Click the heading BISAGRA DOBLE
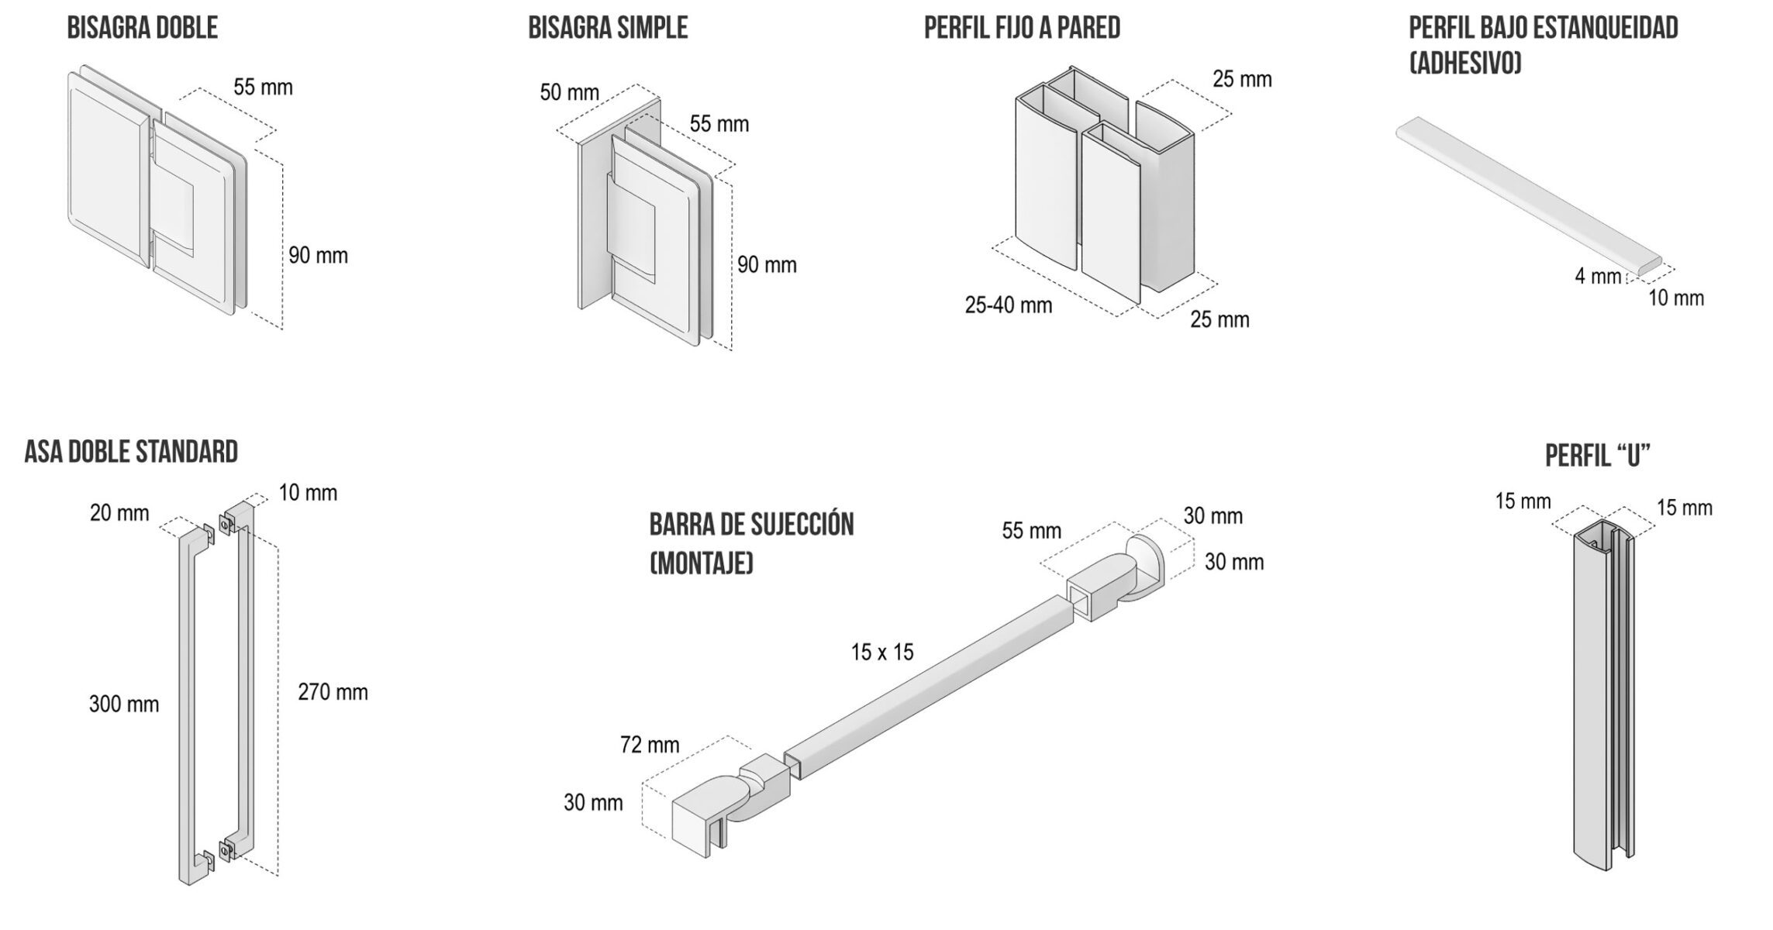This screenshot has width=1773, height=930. (142, 28)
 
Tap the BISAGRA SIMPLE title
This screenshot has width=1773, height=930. (608, 28)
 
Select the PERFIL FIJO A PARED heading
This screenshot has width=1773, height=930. (1022, 28)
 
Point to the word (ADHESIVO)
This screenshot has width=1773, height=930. (1465, 63)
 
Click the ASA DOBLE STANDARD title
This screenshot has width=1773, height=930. (131, 452)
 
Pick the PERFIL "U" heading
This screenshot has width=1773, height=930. (1598, 456)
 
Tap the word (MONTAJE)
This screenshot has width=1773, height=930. (701, 563)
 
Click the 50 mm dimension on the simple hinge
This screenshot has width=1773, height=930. (569, 93)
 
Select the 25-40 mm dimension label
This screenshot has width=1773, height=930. (1008, 305)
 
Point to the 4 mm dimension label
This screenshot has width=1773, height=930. (1598, 276)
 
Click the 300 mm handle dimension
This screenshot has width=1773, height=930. (124, 704)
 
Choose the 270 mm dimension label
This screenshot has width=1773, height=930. (333, 692)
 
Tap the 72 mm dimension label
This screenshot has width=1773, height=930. (650, 746)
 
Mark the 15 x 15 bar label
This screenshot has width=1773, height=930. (882, 653)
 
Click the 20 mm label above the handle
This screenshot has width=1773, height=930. (119, 513)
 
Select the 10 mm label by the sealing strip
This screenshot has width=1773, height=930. (1675, 298)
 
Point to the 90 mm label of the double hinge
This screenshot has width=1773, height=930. (318, 256)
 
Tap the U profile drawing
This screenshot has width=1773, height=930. (1601, 697)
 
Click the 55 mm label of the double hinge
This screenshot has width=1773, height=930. (263, 88)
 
